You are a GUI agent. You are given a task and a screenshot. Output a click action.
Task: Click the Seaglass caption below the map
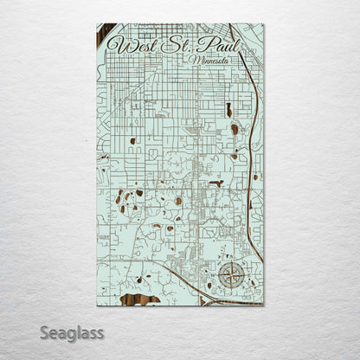71,332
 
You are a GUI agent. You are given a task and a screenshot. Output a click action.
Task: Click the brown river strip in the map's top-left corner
105,36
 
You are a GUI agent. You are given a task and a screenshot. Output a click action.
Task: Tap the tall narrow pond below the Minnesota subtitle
228,110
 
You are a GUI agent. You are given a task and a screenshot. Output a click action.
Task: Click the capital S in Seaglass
44,332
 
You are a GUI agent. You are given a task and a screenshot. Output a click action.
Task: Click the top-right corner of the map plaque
263,24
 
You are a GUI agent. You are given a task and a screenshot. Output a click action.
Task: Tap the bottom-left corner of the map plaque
97,305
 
